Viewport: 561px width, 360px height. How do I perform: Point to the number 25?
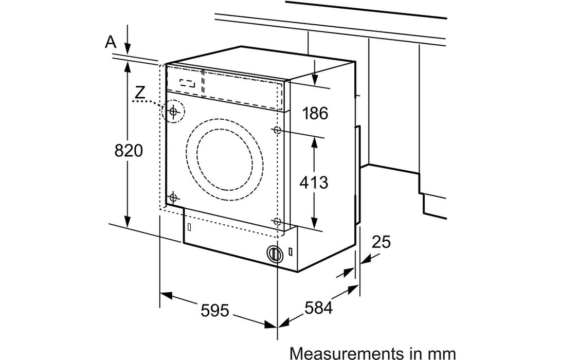[x=381, y=241]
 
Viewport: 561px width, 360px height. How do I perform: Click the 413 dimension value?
[x=314, y=182]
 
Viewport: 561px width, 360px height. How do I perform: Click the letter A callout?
[x=110, y=42]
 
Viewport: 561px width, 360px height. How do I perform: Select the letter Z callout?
[x=138, y=93]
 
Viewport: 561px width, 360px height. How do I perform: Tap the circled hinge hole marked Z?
[x=174, y=111]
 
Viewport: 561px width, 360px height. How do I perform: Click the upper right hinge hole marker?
[x=278, y=130]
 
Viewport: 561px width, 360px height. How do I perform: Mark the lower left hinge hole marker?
[x=173, y=197]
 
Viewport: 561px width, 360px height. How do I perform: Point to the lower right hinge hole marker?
[x=278, y=222]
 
